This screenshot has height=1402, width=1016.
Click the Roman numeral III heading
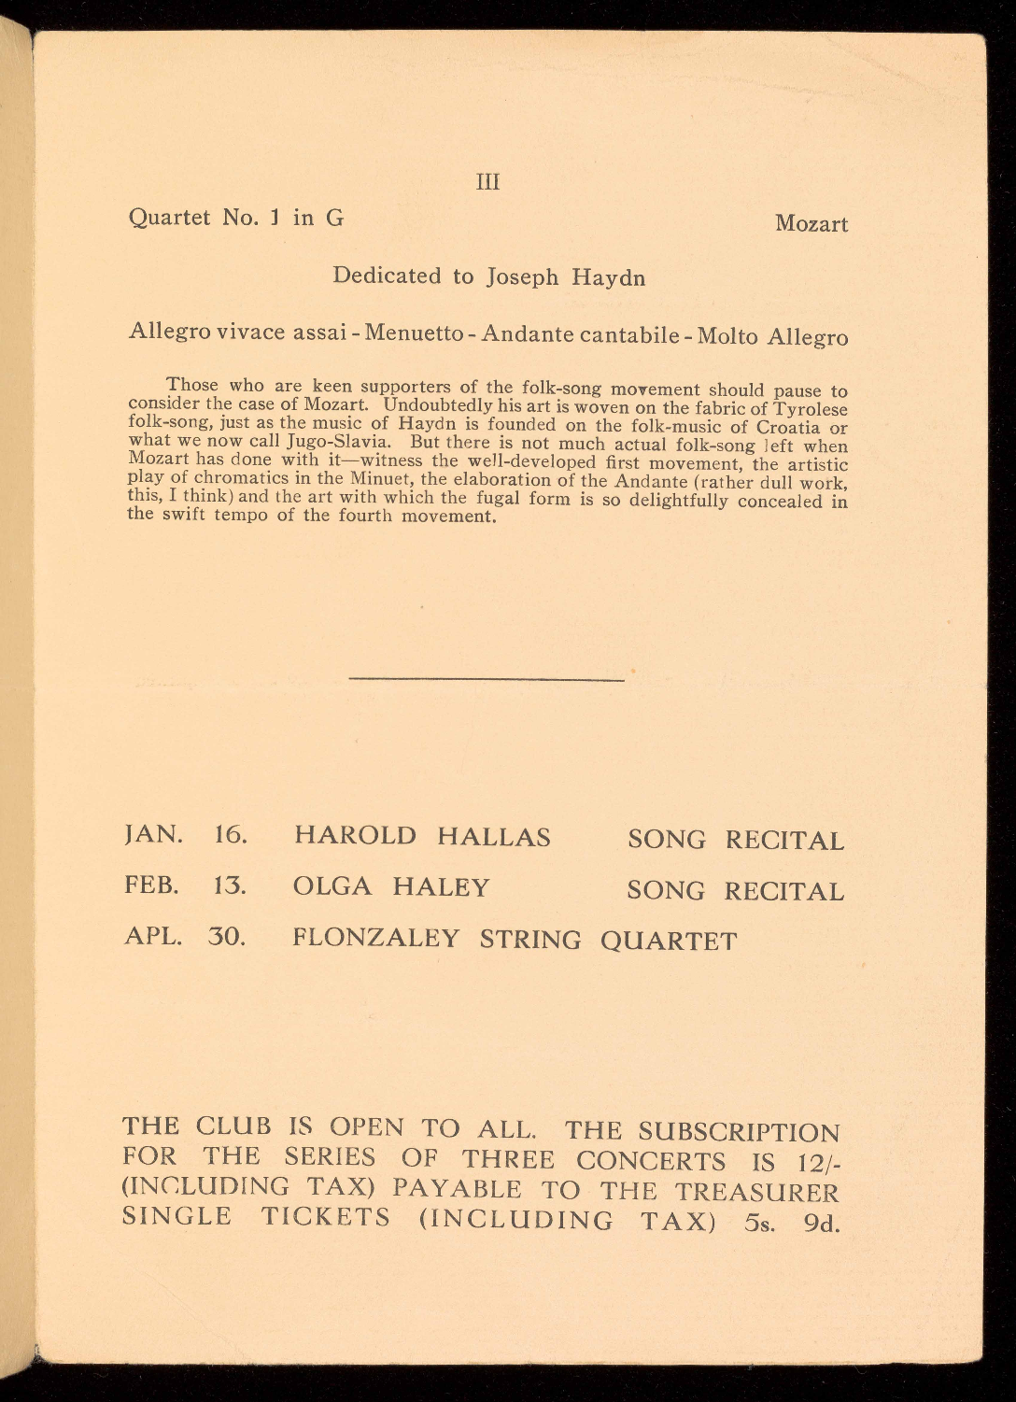(x=488, y=182)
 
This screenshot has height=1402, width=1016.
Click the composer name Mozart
(x=811, y=224)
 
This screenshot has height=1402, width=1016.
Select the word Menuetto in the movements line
(x=414, y=333)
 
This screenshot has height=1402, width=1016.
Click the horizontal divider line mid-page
(x=486, y=679)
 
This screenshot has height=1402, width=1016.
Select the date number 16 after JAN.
(x=230, y=834)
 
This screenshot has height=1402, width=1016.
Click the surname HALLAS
(x=494, y=836)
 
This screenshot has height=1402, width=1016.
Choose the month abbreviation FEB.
(x=151, y=885)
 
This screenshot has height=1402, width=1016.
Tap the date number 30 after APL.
(x=226, y=936)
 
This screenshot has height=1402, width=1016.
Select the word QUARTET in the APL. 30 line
(x=669, y=941)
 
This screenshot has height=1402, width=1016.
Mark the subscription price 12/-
(x=816, y=1163)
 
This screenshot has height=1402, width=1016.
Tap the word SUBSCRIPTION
(x=739, y=1133)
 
